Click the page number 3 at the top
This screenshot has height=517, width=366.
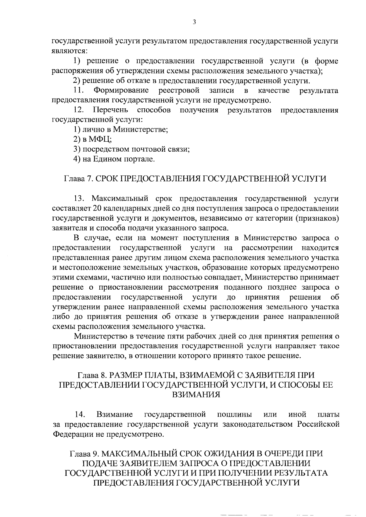(194, 22)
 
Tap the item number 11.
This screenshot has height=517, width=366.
(79, 91)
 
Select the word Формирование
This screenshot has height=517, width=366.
(121, 91)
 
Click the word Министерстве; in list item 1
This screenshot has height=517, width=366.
(141, 130)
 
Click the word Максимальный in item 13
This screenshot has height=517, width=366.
(120, 199)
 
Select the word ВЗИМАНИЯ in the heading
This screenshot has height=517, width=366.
(196, 395)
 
